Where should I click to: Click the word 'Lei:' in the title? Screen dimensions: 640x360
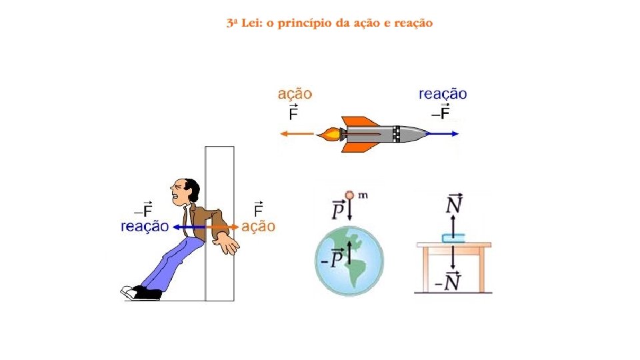click(x=250, y=23)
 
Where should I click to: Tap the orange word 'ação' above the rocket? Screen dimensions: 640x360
click(x=294, y=95)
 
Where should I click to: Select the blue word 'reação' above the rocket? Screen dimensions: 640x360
click(x=443, y=95)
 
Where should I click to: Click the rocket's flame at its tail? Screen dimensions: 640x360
click(x=329, y=135)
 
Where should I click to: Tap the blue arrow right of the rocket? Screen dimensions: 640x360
click(x=443, y=133)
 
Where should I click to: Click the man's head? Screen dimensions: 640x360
click(x=183, y=193)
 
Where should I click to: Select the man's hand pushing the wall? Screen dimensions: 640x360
click(x=230, y=243)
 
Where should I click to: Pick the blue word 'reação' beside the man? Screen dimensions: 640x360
click(x=145, y=227)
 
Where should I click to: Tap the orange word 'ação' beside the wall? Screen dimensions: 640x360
click(x=258, y=227)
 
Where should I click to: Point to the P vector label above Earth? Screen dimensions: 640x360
click(x=339, y=209)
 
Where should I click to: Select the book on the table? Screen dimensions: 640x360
click(x=452, y=237)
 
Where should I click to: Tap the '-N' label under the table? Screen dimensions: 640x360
click(x=449, y=282)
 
